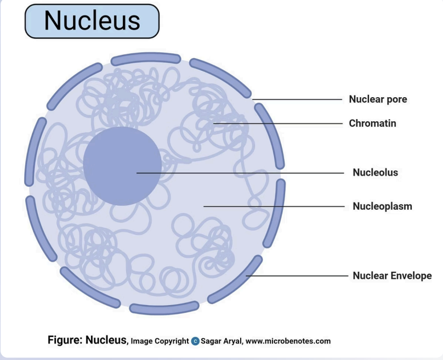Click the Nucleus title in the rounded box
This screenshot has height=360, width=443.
92,20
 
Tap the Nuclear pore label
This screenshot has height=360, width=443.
378,99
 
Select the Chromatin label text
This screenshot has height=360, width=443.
372,123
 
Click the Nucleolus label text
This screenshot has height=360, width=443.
375,172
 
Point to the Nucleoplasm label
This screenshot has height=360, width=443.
382,206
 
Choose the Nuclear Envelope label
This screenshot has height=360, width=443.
392,275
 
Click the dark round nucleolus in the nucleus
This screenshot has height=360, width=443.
122,166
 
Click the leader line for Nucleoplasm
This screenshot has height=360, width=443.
274,206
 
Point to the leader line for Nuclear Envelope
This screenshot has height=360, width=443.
296,275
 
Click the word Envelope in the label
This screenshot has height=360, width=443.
412,275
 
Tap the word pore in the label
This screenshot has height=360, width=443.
396,99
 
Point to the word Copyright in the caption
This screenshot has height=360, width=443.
170,341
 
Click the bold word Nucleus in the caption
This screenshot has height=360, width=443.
106,340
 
